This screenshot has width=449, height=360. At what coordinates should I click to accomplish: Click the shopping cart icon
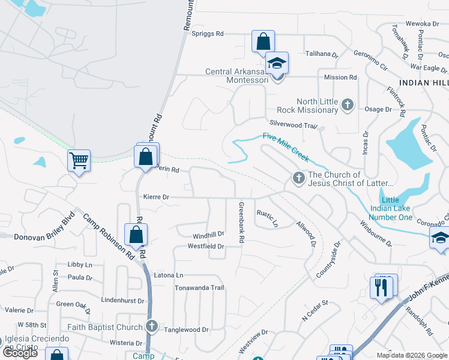pyautogui.click(x=79, y=160)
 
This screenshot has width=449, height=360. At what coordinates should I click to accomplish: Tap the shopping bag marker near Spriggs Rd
pyautogui.click(x=263, y=41)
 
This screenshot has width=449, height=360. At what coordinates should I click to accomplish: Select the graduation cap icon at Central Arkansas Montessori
pyautogui.click(x=277, y=63)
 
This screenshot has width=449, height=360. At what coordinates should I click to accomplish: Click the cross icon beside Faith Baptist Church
pyautogui.click(x=152, y=326)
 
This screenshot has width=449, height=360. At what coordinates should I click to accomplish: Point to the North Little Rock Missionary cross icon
pyautogui.click(x=347, y=105)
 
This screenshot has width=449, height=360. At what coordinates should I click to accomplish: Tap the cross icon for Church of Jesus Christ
pyautogui.click(x=298, y=178)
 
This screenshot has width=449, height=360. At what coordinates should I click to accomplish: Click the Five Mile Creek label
pyautogui.click(x=286, y=146)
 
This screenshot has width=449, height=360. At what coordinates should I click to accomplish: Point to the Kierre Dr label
pyautogui.click(x=157, y=196)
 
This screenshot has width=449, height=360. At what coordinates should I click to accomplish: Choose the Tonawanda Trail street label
pyautogui.click(x=199, y=288)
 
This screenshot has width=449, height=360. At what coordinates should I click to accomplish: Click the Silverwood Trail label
pyautogui.click(x=292, y=123)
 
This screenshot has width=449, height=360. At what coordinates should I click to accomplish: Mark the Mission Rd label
pyautogui.click(x=340, y=77)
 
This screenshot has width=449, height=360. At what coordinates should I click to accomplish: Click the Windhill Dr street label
pyautogui.click(x=208, y=235)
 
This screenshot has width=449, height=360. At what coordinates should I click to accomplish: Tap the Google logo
pyautogui.click(x=19, y=353)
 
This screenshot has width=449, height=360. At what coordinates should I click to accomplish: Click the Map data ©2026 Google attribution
pyautogui.click(x=411, y=355)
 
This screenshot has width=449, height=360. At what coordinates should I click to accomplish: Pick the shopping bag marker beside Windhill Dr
pyautogui.click(x=136, y=235)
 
